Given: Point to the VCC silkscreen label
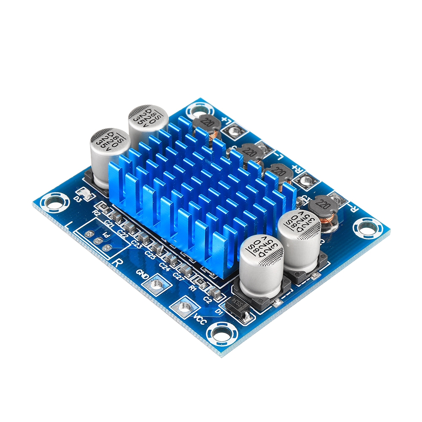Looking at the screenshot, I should (200, 321).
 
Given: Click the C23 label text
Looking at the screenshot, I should (136, 243).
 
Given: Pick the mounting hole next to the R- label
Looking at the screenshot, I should (362, 228).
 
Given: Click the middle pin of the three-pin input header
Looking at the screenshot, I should (99, 240).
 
